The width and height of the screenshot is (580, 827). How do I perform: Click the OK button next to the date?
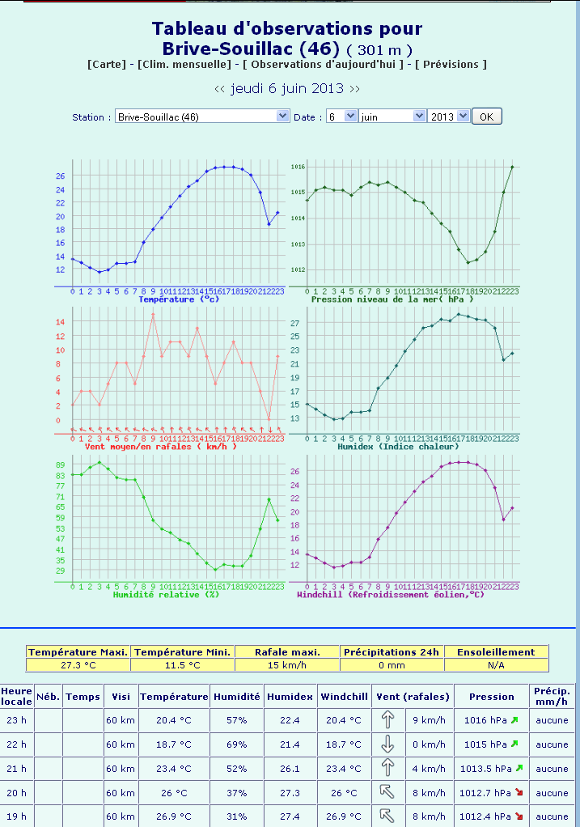[x=486, y=117]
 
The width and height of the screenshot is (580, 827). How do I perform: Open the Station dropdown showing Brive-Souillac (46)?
[x=201, y=117]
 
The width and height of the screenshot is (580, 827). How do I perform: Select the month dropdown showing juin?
[x=392, y=117]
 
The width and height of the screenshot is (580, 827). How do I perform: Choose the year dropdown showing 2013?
[x=449, y=117]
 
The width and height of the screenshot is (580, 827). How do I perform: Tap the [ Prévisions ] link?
[x=451, y=64]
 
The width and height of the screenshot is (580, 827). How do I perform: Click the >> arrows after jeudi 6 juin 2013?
[x=354, y=88]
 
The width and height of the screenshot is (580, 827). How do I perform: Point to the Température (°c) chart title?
[x=178, y=299]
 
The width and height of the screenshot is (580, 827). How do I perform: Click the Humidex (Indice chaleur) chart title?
[x=410, y=446]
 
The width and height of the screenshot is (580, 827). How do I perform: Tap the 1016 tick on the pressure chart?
[x=298, y=167]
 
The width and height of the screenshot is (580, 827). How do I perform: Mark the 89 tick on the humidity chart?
[x=60, y=464]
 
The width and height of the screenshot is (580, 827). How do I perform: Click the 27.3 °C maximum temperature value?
[x=78, y=665]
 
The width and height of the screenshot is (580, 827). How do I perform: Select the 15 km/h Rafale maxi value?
[x=287, y=665]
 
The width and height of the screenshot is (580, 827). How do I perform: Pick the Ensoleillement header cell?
[x=496, y=652]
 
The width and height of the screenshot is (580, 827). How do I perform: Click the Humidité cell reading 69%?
[x=236, y=744]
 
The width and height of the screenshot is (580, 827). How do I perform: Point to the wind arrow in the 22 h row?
[x=387, y=744]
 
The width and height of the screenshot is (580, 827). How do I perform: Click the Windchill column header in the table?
[x=344, y=696]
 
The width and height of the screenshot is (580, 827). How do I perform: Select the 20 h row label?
[x=16, y=793]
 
